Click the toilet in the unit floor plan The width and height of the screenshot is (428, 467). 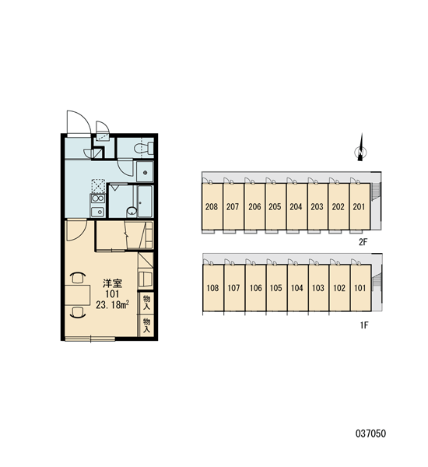point(143,149)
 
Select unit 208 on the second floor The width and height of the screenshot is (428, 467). point(212,206)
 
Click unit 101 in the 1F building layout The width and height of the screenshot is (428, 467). point(361,288)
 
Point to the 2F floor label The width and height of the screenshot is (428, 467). point(363,242)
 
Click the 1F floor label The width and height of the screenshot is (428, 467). point(364,325)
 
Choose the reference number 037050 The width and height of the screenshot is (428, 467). point(371,434)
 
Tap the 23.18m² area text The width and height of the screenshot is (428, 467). point(112,304)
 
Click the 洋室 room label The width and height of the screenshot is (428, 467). point(112,283)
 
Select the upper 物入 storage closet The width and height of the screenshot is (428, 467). point(146,302)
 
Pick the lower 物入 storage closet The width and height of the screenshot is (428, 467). point(146,325)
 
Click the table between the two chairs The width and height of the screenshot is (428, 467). point(78,295)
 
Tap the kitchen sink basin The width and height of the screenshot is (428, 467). point(97,212)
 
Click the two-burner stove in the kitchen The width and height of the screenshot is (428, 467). point(98,198)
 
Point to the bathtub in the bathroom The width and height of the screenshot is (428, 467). point(146,202)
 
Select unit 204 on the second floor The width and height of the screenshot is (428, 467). point(296,206)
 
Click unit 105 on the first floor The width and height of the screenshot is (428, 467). point(276,288)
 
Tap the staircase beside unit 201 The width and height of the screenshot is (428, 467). point(376,191)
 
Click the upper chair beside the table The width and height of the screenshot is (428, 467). point(78,278)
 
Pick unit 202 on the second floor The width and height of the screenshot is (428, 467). point(339,206)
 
